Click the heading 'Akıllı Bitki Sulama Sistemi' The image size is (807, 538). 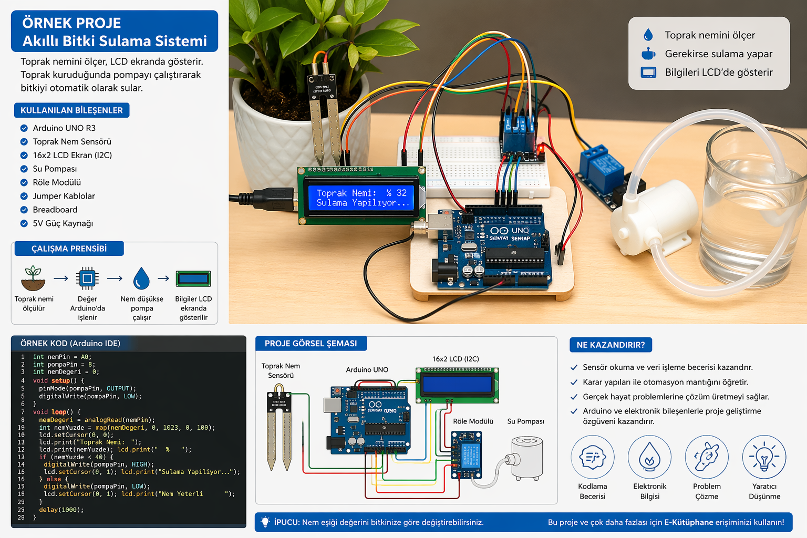point(115,41)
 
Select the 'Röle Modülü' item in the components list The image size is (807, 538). point(57,182)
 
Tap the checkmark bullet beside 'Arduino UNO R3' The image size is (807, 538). point(24,128)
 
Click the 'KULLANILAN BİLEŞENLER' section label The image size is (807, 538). point(71,110)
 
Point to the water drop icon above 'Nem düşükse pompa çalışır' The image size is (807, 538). point(141,278)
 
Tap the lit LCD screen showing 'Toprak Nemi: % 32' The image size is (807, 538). point(361,198)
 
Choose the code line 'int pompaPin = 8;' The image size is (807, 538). point(64,364)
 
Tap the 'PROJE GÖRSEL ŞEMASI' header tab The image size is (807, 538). point(311,344)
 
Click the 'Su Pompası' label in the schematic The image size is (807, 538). point(525,421)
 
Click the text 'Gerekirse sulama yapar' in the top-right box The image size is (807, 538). point(718,54)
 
